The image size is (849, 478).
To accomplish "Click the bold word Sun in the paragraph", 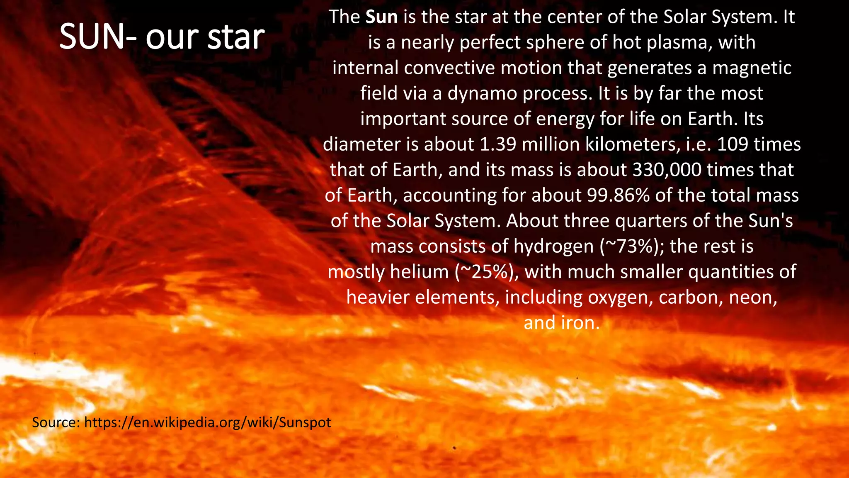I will click(x=381, y=17).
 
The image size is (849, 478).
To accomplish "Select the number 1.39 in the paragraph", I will click(x=497, y=144).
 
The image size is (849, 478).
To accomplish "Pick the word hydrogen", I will click(x=554, y=246).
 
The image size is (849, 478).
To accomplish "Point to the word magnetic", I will click(x=752, y=68).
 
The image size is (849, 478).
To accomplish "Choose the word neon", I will click(x=752, y=298).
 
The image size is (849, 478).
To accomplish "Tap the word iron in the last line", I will click(x=580, y=323).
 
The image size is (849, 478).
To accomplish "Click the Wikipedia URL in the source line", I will click(x=207, y=422).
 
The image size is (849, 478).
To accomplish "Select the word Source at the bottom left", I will click(x=56, y=422).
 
